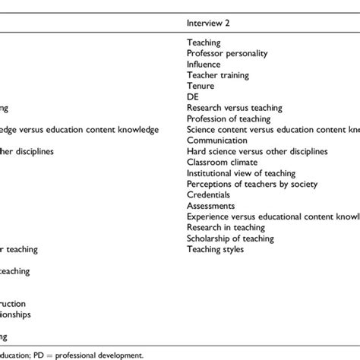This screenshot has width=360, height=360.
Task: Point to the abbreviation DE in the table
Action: [x=192, y=97]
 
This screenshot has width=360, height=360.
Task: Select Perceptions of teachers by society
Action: [x=251, y=184]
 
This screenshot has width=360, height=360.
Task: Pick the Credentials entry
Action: [x=210, y=195]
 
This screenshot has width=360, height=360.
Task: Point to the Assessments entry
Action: [x=212, y=206]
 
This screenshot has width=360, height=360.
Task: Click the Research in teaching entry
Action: [x=226, y=227]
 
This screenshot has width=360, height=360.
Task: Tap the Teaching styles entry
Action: [x=215, y=249]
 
